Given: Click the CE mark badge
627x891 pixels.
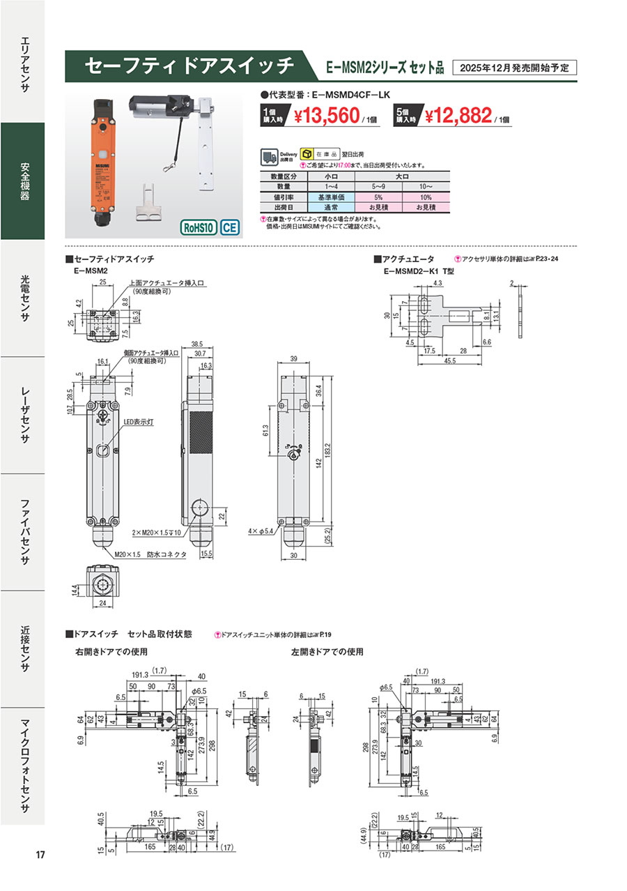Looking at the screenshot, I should pyautogui.click(x=230, y=227).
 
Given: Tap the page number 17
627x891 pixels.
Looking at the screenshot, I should pyautogui.click(x=40, y=855).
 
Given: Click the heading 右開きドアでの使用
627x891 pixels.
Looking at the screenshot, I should pyautogui.click(x=111, y=653).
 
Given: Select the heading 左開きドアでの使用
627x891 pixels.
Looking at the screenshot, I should pyautogui.click(x=328, y=653).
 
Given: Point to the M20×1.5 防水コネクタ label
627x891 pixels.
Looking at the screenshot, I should pyautogui.click(x=150, y=554).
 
